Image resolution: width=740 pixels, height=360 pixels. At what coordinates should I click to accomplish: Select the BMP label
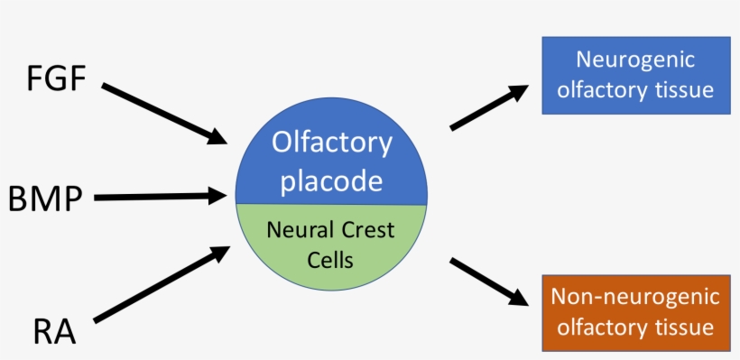[x=46, y=197]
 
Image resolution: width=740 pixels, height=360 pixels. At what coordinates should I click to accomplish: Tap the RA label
[x=54, y=331]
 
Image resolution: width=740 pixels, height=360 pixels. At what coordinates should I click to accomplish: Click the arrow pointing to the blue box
[x=488, y=107]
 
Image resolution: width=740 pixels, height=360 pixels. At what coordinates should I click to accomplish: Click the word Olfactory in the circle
[x=332, y=143]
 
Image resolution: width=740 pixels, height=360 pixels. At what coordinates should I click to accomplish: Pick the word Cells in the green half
[x=330, y=259]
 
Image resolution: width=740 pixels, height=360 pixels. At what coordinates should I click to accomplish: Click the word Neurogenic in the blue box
[x=635, y=60]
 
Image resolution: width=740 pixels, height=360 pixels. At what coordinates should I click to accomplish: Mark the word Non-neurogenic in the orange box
[x=635, y=297]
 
